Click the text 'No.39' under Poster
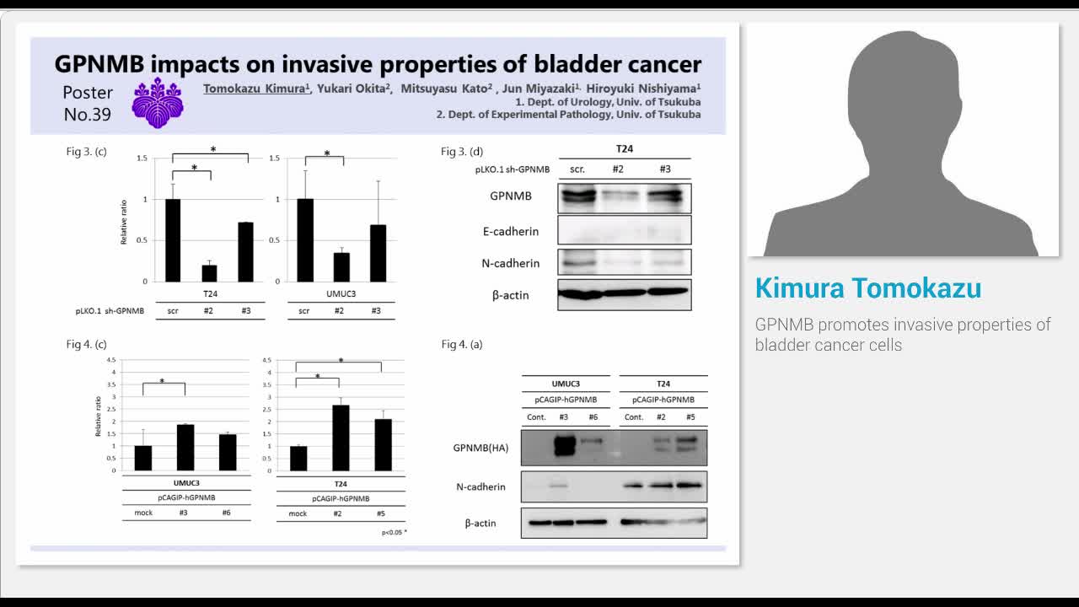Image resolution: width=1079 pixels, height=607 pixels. (x=88, y=115)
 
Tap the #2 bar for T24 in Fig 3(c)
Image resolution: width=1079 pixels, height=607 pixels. (x=209, y=272)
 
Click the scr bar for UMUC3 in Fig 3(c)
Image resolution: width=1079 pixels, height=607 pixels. (x=304, y=240)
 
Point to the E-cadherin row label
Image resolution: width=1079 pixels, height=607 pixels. (x=510, y=231)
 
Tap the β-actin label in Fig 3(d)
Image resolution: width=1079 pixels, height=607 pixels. (x=510, y=295)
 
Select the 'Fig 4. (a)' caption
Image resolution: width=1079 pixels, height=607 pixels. (x=462, y=344)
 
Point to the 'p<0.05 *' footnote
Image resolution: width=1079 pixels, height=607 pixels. (x=394, y=532)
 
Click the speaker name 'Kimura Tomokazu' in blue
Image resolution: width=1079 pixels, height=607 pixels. (x=867, y=288)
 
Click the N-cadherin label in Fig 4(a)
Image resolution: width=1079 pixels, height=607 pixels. (x=480, y=487)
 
